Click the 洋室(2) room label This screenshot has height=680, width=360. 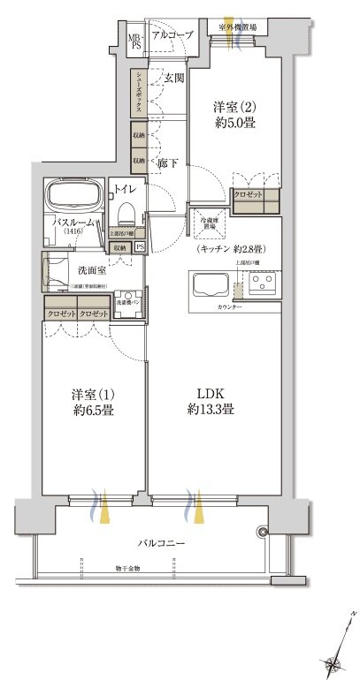(234, 113)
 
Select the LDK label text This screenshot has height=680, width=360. (210, 403)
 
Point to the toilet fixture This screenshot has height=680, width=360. (125, 208)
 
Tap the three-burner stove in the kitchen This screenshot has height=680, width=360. (263, 283)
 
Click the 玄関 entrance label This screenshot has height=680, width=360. (172, 79)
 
